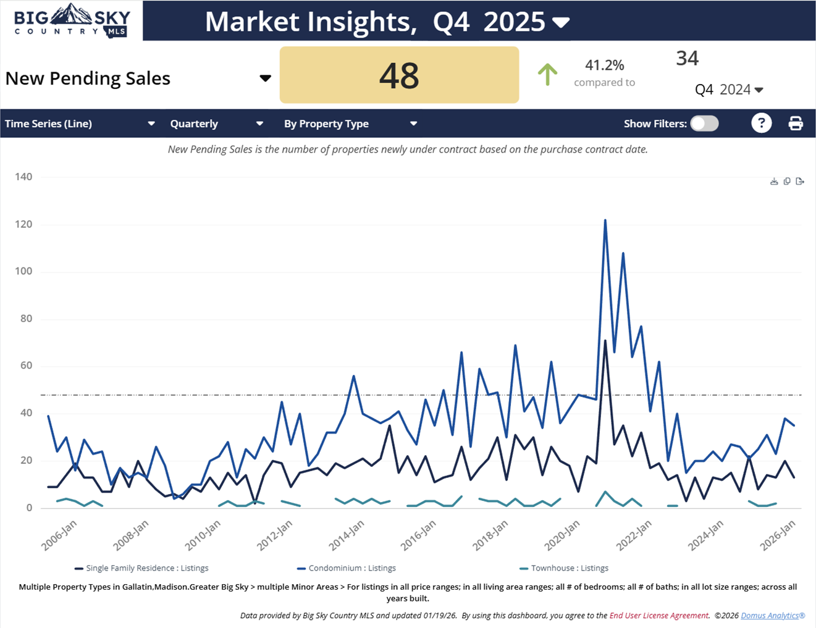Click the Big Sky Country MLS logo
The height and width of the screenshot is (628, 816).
[x=71, y=20]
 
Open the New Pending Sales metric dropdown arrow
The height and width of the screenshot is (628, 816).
[x=265, y=78]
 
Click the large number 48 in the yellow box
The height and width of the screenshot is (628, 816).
[x=399, y=75]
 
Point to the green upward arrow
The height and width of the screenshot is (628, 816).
[x=547, y=74]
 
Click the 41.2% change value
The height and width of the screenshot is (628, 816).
[x=604, y=65]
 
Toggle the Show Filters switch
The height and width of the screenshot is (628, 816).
[x=704, y=124]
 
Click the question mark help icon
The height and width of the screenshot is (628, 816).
[x=761, y=124]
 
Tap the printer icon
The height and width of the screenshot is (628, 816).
[x=796, y=124]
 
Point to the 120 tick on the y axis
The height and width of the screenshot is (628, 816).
[x=23, y=224]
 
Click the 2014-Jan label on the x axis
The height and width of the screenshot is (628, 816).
[x=347, y=535]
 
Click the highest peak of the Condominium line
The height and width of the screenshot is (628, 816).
[x=605, y=220]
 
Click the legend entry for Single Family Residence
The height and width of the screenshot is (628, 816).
[x=141, y=568]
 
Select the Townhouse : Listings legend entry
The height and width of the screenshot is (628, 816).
[x=564, y=568]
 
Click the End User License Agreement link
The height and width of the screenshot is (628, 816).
[x=658, y=616]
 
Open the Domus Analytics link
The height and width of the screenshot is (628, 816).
[x=773, y=616]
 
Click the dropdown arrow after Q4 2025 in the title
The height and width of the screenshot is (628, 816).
[x=561, y=23]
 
